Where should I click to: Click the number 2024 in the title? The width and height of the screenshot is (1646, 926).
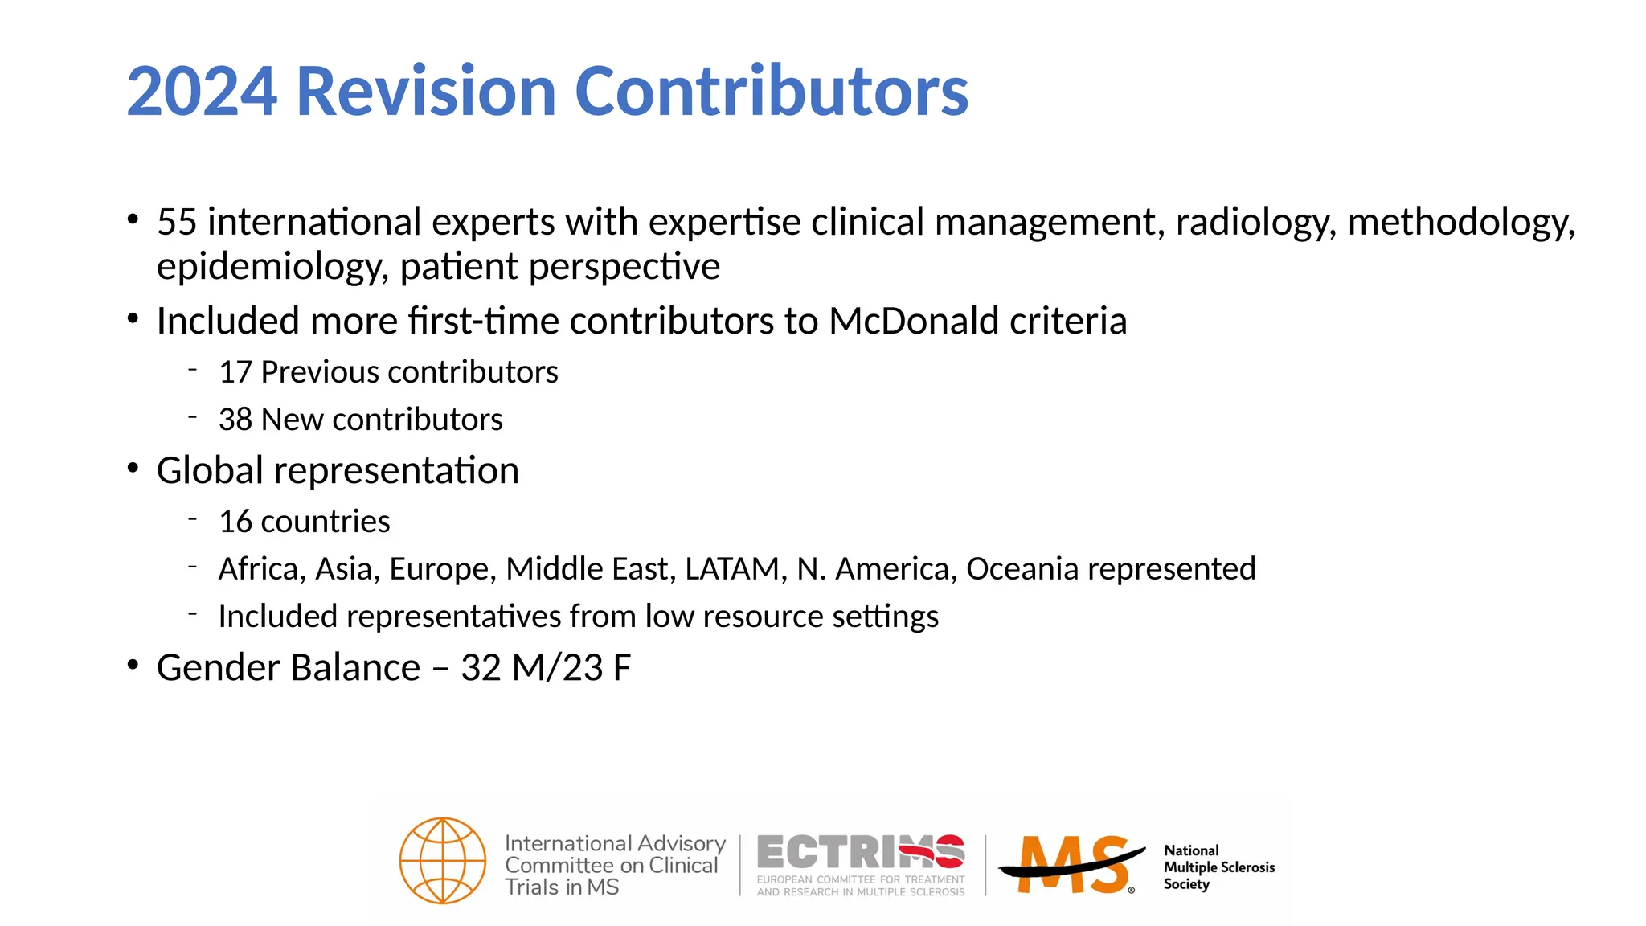pyautogui.click(x=203, y=92)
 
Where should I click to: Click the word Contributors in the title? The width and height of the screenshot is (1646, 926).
pyautogui.click(x=772, y=92)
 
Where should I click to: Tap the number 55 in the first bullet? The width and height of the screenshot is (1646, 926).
pyautogui.click(x=177, y=223)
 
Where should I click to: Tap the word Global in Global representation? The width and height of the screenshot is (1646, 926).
pyautogui.click(x=210, y=471)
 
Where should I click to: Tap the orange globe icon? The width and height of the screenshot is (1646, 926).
pyautogui.click(x=443, y=861)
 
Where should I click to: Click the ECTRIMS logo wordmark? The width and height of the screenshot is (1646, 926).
pyautogui.click(x=860, y=852)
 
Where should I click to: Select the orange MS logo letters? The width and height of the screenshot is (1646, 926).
pyautogui.click(x=1073, y=865)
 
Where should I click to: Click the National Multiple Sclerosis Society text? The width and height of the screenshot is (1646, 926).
pyautogui.click(x=1218, y=867)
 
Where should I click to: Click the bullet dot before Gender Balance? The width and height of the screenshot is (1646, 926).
pyautogui.click(x=133, y=666)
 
